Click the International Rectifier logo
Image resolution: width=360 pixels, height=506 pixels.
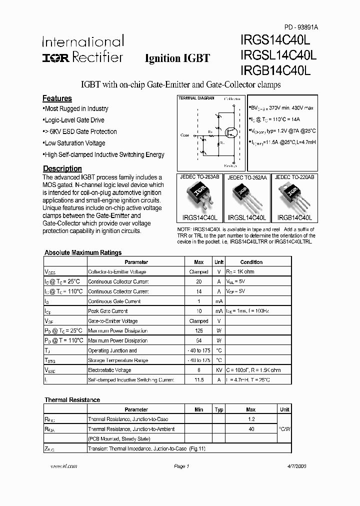point(82,49)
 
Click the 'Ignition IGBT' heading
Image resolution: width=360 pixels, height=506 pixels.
point(177,58)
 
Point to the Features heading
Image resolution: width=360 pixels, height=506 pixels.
point(57,98)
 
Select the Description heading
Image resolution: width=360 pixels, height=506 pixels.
point(62,168)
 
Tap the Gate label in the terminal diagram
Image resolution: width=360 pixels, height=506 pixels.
point(185,135)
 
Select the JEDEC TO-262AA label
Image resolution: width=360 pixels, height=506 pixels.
point(247,177)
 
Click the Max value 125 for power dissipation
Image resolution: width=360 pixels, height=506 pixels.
point(198,330)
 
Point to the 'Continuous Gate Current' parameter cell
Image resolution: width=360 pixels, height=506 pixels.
point(114,301)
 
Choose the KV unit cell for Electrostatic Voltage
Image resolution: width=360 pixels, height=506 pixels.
point(218,370)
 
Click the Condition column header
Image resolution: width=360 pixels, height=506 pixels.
point(251,262)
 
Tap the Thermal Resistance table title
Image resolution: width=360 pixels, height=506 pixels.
point(72,400)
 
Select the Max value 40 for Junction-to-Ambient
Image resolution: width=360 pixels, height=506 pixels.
point(250,429)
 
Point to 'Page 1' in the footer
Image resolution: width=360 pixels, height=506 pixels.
point(181,466)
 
